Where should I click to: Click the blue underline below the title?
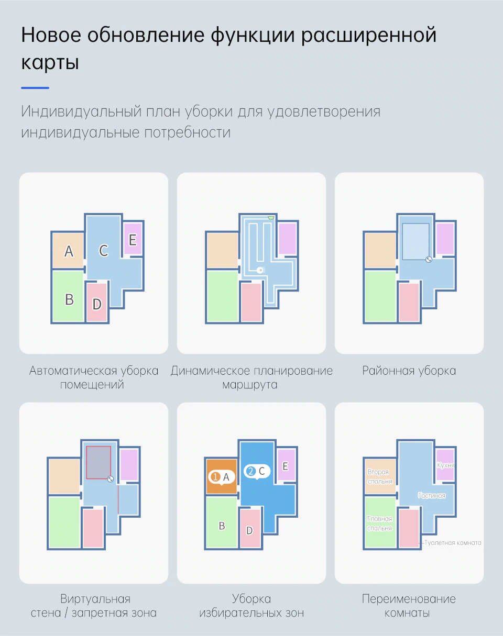[x=35, y=88]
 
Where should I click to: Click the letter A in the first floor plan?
[x=69, y=251]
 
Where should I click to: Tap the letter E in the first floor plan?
[x=133, y=240]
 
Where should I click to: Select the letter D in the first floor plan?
[x=97, y=304]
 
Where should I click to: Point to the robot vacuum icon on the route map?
[x=260, y=270]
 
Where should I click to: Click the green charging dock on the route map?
[x=271, y=218]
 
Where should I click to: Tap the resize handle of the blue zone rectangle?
[x=429, y=260]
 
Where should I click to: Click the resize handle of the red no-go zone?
[x=111, y=479]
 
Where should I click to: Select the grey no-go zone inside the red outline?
[x=99, y=463]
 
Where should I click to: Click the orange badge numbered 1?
[x=215, y=477]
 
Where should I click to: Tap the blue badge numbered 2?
[x=251, y=471]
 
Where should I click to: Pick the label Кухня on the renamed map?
[x=445, y=465]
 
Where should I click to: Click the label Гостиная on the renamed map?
[x=432, y=496]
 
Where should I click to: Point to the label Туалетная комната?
[x=453, y=543]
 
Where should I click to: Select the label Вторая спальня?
[x=380, y=477]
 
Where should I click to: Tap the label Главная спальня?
[x=380, y=523]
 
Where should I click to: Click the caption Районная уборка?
[x=409, y=371]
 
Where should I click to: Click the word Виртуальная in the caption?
[x=95, y=599]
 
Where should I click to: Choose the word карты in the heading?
[x=50, y=63]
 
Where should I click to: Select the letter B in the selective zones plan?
[x=222, y=526]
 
